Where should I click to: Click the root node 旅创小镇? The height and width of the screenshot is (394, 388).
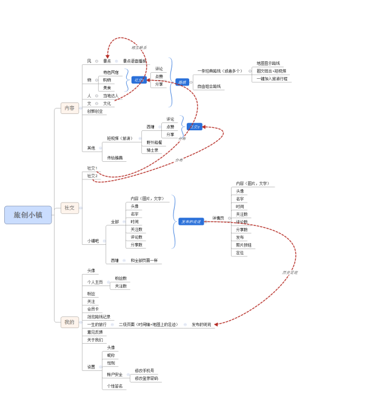click(28, 215)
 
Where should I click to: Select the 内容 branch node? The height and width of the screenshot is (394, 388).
click(69, 108)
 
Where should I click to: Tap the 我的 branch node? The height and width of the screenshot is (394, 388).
click(69, 322)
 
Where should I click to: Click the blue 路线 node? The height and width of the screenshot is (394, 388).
click(181, 82)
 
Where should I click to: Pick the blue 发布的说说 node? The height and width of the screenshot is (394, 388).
click(191, 222)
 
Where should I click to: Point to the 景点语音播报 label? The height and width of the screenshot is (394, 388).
click(135, 61)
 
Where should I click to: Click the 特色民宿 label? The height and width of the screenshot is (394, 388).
click(111, 72)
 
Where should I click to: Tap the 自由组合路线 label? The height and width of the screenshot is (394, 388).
click(209, 87)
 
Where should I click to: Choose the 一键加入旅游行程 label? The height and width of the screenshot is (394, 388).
click(272, 79)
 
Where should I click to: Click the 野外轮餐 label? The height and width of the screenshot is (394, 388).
click(155, 142)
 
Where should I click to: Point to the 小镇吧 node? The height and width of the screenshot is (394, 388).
click(93, 241)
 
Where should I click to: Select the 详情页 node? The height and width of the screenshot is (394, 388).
click(218, 218)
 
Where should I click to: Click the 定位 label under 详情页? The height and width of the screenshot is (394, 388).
click(240, 253)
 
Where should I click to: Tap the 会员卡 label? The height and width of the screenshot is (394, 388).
click(92, 309)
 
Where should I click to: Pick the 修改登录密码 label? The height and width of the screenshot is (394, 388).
click(145, 378)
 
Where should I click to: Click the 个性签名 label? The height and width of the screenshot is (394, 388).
click(115, 386)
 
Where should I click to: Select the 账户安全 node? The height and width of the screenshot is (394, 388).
click(115, 375)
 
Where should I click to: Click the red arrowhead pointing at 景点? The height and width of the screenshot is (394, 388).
click(108, 56)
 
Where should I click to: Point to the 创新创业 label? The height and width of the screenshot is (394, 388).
click(95, 111)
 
